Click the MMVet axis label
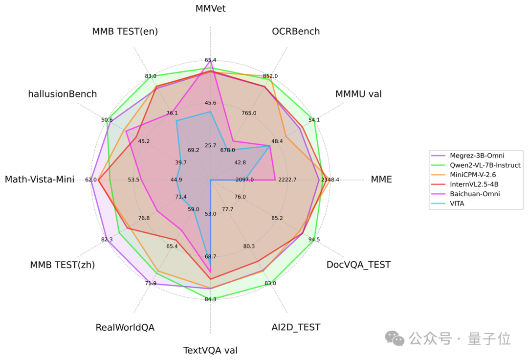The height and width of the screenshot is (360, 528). coord(210,8)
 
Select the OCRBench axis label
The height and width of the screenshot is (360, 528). coord(296,31)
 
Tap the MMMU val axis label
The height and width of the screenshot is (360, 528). coord(358,94)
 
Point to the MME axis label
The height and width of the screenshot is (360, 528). coord(381,179)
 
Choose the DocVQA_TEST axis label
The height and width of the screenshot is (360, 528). coord(358,265)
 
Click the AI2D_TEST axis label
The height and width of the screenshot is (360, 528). coord(296,327)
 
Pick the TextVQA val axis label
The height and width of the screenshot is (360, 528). coord(210,350)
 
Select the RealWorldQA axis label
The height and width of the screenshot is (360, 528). coord(125,327)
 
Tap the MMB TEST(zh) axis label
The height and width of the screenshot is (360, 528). coord(63,265)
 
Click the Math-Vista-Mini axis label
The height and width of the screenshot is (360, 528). coord(40,180)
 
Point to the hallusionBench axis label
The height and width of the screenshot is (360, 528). coord(63,94)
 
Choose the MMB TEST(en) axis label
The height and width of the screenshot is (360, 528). coord(125,31)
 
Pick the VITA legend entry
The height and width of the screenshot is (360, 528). coord(457,203)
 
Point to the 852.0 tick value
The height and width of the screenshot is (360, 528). coord(270,76)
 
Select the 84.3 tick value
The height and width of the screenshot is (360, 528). coord(210,299)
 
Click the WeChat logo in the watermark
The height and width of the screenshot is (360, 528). coord(395,338)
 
